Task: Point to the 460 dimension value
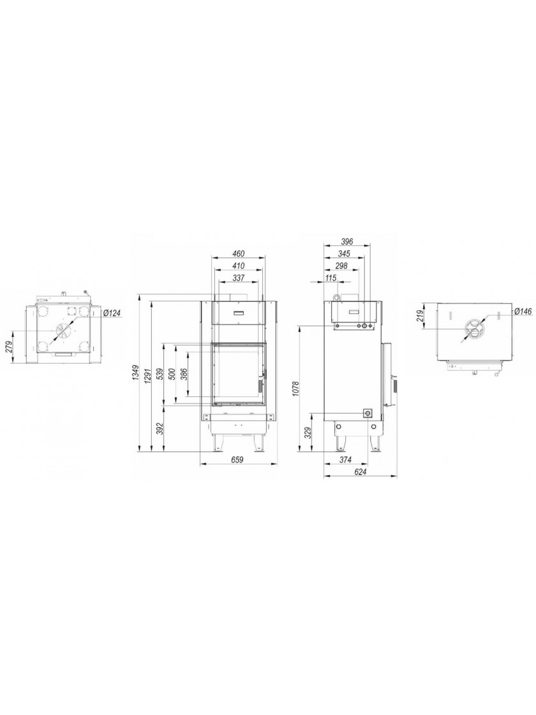pos(238,253)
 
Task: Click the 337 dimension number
pos(238,278)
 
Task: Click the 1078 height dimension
pos(295,389)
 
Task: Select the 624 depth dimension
pos(360,472)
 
